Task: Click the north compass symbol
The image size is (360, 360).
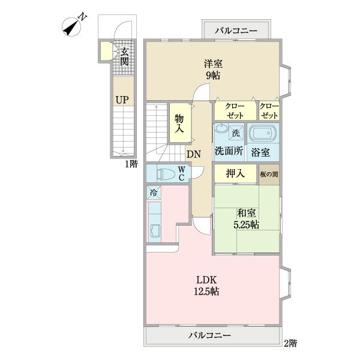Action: (74, 26)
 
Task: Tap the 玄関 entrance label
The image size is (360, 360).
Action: (124, 56)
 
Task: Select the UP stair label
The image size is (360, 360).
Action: (122, 100)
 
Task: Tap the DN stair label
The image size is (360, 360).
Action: (193, 154)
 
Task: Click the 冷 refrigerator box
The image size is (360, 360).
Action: (153, 193)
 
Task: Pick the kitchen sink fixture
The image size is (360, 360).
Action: (155, 232)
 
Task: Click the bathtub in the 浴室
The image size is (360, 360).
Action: (262, 134)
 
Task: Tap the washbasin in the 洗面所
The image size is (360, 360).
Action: (221, 131)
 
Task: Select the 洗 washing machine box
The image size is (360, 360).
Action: (236, 132)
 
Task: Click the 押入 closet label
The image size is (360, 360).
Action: (235, 173)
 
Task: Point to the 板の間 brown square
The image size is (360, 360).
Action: (269, 173)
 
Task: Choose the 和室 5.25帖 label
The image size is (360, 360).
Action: (247, 218)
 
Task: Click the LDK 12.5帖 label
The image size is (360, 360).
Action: (207, 286)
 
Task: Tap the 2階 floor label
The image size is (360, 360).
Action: (290, 343)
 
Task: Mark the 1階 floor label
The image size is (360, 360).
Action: (131, 163)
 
